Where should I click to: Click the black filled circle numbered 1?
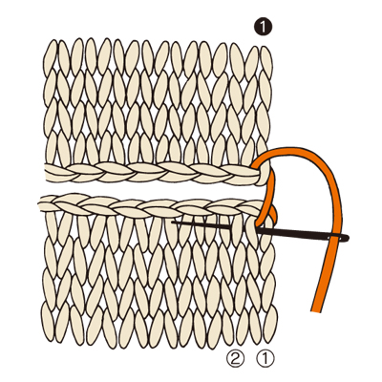pos(263,27)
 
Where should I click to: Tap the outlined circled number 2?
pos(235,359)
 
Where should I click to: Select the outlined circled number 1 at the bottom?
pos(265,359)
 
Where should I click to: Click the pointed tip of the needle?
pos(172,222)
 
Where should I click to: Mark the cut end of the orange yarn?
pos(316,310)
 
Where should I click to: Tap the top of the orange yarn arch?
pos(294,149)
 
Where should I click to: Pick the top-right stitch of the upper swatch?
pos(266,61)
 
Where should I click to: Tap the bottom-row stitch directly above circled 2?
pos(242,328)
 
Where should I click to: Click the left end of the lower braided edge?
pos(41,203)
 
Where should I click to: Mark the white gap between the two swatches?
pos(153,190)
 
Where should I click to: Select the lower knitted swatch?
pos(158,270)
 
